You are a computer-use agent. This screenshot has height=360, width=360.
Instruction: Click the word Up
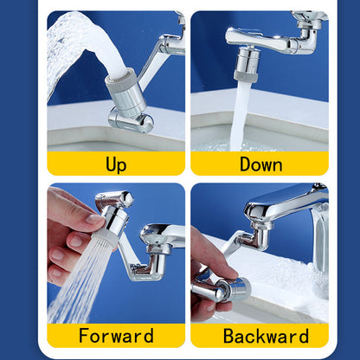(115, 164)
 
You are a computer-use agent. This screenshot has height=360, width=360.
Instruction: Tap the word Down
(260, 164)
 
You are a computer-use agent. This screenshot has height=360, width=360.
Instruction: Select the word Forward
(115, 335)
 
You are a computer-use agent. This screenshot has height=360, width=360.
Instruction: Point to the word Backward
(260, 335)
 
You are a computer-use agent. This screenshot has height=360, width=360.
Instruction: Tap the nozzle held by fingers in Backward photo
(221, 289)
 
